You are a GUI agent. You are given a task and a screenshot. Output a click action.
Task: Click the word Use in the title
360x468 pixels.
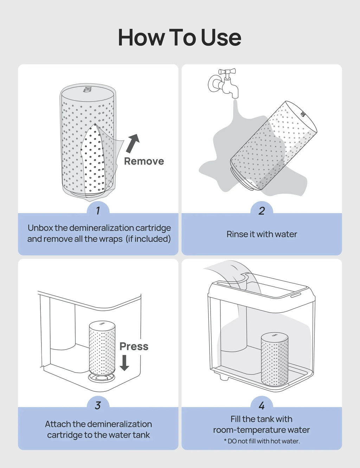click(x=221, y=38)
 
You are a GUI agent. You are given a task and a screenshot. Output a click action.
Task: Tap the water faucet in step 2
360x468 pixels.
click(x=224, y=83)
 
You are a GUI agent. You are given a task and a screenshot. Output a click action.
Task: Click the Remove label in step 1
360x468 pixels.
click(x=144, y=161)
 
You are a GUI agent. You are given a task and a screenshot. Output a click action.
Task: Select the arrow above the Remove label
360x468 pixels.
click(x=133, y=143)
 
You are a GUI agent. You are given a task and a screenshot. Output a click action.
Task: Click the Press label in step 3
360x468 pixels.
click(x=134, y=346)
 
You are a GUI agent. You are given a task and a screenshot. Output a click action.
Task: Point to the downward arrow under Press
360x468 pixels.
click(x=124, y=363)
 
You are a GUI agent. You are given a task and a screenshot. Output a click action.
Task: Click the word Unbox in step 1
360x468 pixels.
click(x=40, y=228)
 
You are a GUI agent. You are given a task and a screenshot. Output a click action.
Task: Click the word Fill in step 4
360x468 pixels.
click(x=235, y=419)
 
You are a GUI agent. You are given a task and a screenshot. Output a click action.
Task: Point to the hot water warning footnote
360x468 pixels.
click(x=262, y=441)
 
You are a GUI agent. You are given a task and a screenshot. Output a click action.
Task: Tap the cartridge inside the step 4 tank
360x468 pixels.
click(x=275, y=359)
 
